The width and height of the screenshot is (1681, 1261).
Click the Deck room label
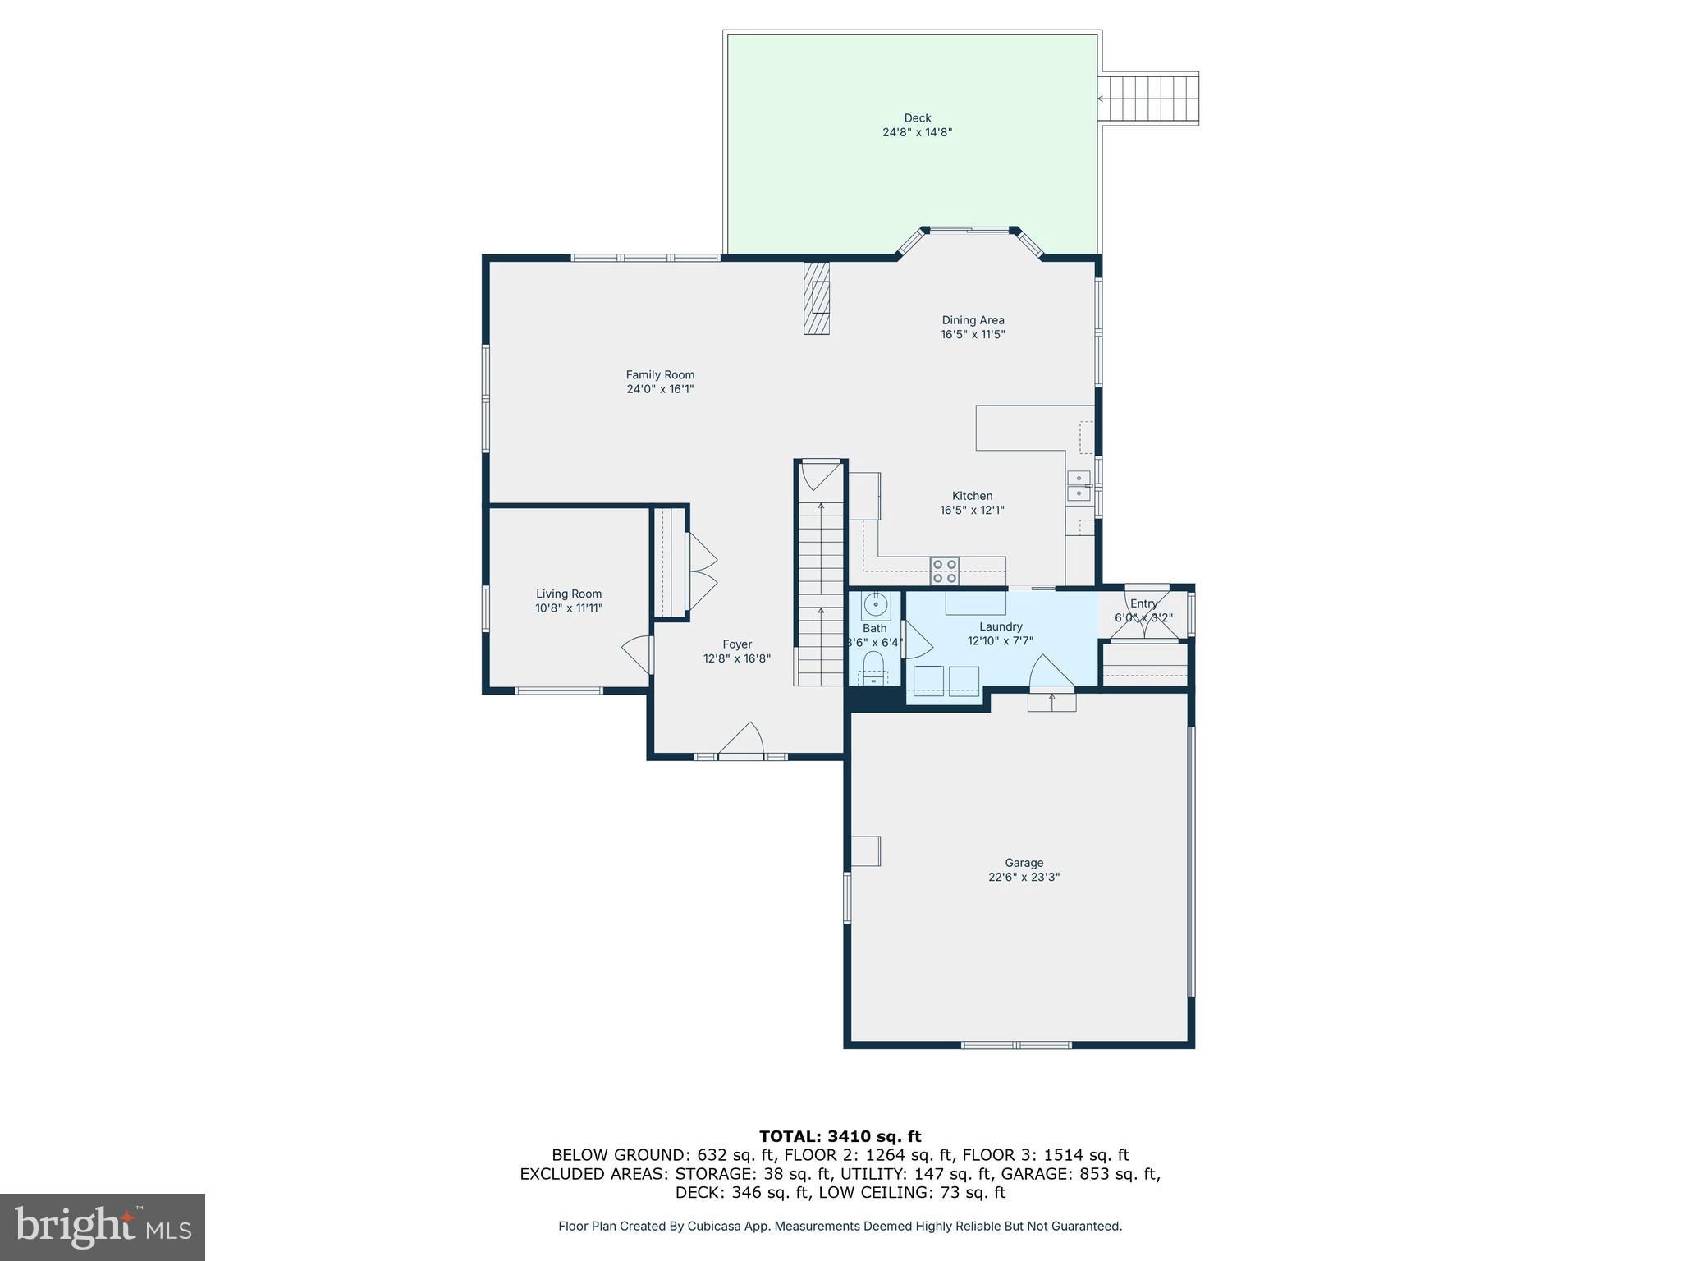coord(917,118)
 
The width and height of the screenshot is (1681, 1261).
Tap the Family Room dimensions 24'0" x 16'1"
coord(660,389)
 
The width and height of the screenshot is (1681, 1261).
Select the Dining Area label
coord(973,320)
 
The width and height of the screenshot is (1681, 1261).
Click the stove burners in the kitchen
coord(944,571)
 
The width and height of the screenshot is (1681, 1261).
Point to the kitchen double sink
coord(1078,486)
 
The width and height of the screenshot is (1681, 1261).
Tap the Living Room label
coord(569,594)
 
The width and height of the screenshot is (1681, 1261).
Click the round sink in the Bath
coord(876,605)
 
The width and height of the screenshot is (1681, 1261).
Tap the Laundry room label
coord(1001,626)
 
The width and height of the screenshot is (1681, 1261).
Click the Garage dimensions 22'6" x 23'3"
coord(1024,877)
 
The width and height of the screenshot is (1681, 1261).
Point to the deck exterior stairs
coord(1149,99)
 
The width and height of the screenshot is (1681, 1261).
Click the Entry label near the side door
coord(1143,603)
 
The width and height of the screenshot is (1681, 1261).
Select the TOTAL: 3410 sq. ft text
coord(840,1136)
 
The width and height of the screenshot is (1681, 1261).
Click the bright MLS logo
coord(103,1227)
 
